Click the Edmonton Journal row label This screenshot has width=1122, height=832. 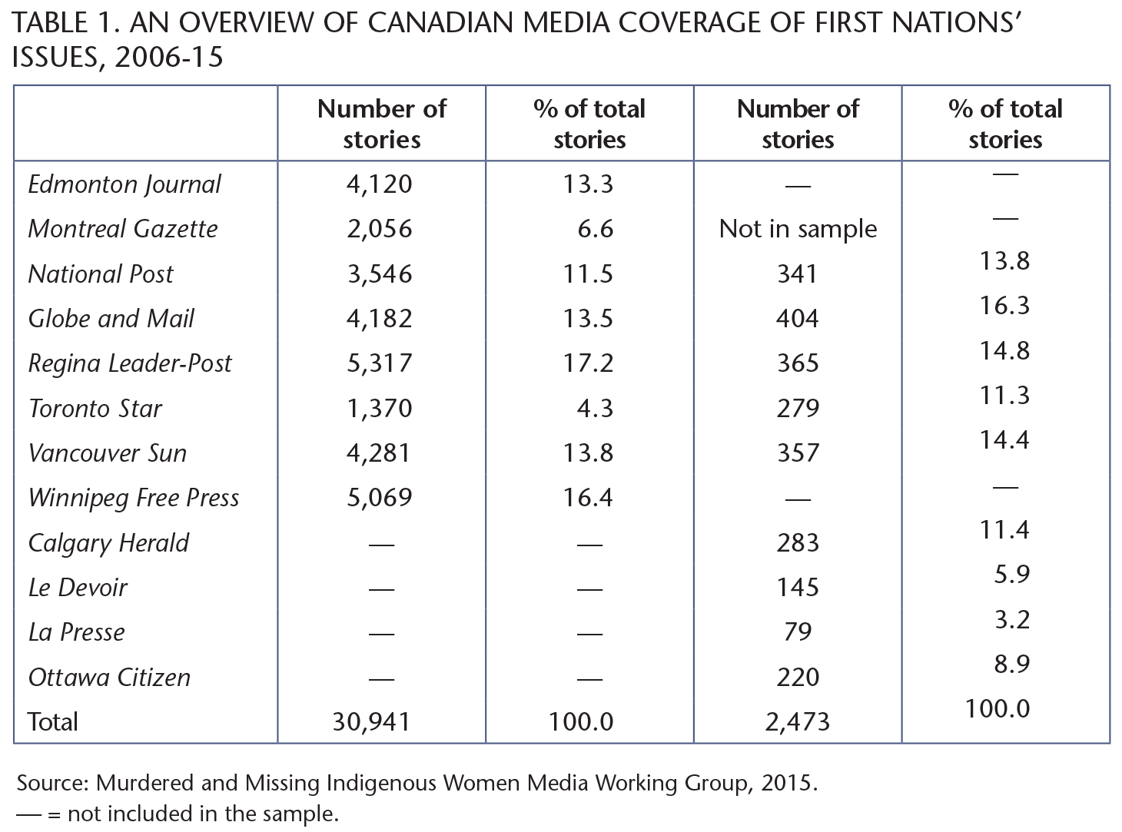[x=124, y=184]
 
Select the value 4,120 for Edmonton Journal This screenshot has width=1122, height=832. [x=380, y=184]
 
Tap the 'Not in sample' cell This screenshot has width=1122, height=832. [x=798, y=229]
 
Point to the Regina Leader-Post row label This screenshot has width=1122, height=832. [x=130, y=363]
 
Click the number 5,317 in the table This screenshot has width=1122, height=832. [x=380, y=363]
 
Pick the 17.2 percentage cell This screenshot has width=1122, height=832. [x=588, y=363]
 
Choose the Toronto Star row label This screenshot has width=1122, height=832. [x=95, y=408]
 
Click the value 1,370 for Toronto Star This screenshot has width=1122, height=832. [x=380, y=408]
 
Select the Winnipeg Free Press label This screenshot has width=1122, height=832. [x=134, y=498]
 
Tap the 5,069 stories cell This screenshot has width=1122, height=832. [x=380, y=498]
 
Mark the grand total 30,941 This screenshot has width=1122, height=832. [x=372, y=721]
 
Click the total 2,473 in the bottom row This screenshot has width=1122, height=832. [x=798, y=721]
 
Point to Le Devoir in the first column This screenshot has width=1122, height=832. [x=78, y=588]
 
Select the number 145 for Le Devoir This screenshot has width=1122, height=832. [x=798, y=588]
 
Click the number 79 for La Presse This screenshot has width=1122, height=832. [x=798, y=632]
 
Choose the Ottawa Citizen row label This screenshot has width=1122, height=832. [x=109, y=678]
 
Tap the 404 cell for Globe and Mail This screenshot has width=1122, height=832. [x=798, y=319]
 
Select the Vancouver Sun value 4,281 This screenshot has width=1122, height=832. [x=380, y=453]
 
